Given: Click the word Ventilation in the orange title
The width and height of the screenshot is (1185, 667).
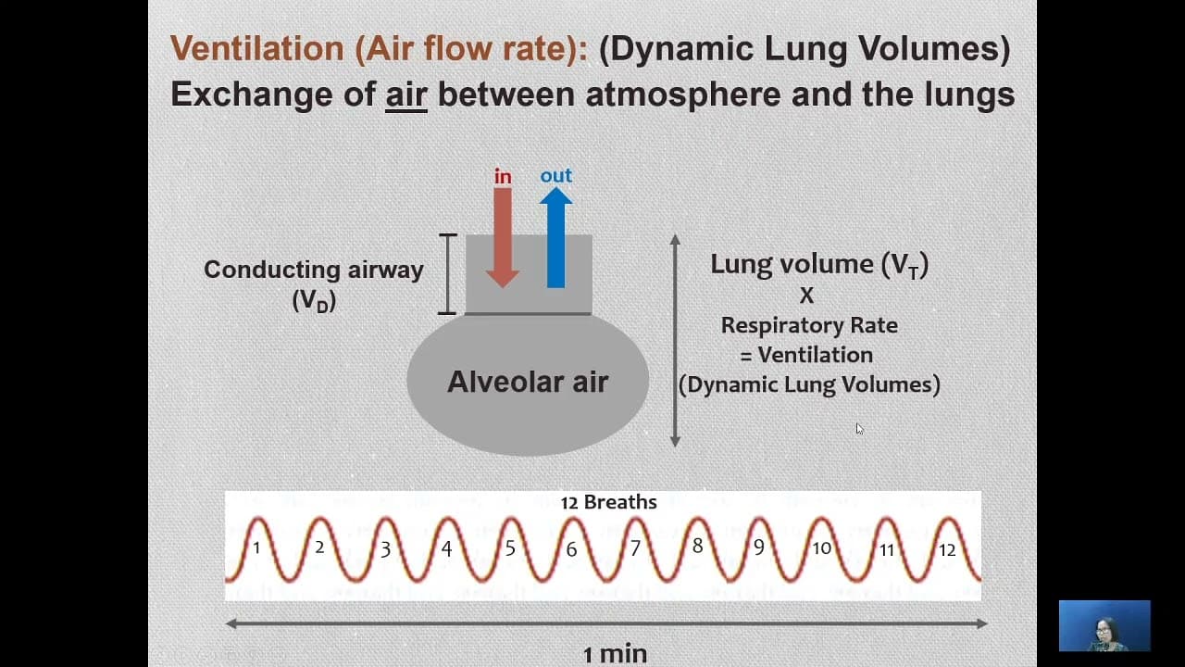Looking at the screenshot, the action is (257, 48).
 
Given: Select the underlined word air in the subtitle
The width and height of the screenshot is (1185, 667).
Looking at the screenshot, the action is (406, 94).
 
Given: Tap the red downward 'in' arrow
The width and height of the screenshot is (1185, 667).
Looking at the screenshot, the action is (503, 238).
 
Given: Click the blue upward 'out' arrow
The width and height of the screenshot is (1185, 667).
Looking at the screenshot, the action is (555, 238).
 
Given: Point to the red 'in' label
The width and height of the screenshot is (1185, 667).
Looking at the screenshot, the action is (503, 176).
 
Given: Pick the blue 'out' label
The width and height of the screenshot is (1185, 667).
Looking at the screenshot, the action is (556, 175).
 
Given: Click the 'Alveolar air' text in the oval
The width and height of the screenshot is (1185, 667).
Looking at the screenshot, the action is (528, 381).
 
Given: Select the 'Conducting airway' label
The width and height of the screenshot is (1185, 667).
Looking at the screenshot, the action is (314, 270).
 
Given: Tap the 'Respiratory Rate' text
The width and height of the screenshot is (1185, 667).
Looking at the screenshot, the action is (809, 325).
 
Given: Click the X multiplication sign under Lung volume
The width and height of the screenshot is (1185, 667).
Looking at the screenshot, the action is (806, 296).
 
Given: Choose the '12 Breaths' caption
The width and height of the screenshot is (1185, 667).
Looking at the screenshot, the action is (609, 502).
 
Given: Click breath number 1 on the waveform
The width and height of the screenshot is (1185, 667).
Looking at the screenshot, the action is (256, 547).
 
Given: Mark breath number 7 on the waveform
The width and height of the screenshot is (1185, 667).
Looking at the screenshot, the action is (635, 547).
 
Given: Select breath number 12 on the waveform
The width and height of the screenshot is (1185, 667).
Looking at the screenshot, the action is (947, 550).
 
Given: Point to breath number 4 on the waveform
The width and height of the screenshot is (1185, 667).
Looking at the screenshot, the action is (447, 548).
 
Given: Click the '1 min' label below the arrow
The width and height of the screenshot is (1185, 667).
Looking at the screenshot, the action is (616, 654).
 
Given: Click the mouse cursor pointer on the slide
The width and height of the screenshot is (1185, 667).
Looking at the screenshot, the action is (859, 429).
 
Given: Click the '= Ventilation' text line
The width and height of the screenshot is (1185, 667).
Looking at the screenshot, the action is (806, 355).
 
